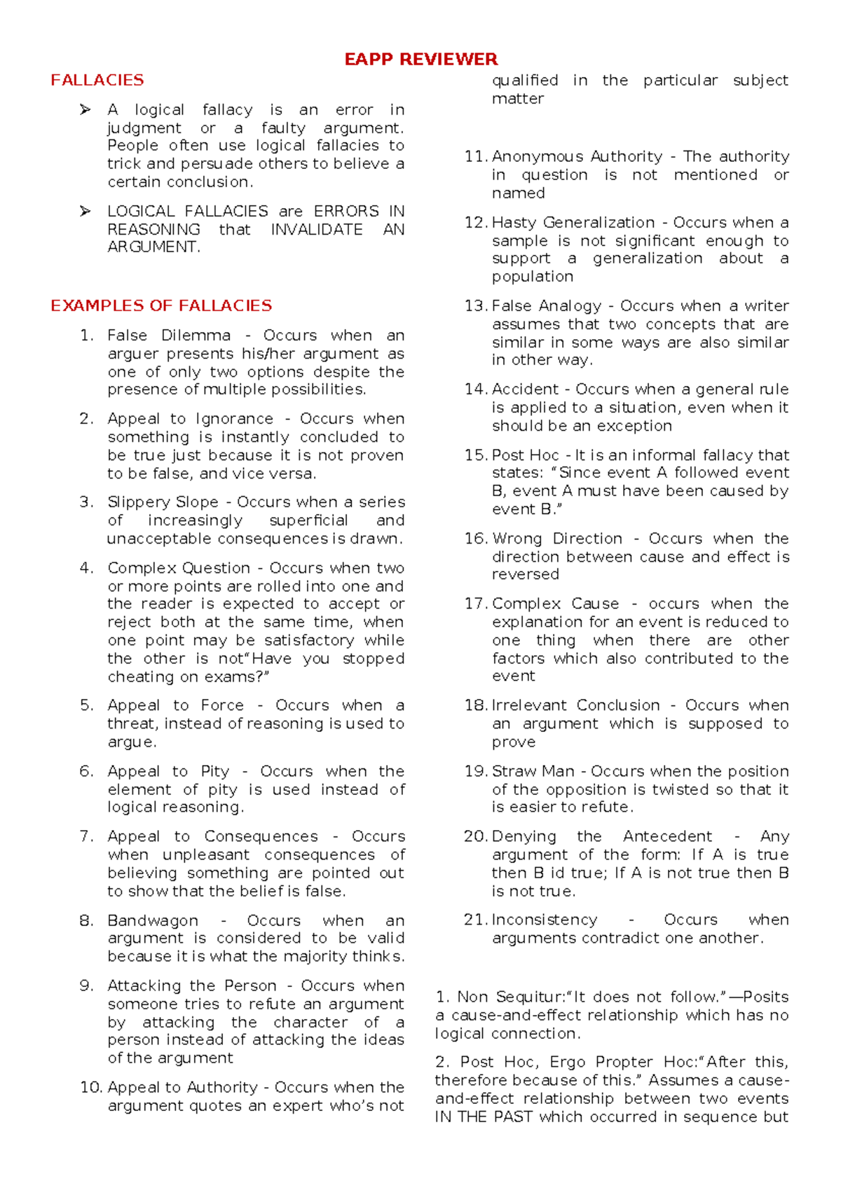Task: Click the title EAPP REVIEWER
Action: pyautogui.click(x=420, y=59)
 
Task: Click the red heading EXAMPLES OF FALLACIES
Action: pyautogui.click(x=161, y=306)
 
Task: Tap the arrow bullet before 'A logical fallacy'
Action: pyautogui.click(x=86, y=110)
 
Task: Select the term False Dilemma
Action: pyautogui.click(x=169, y=336)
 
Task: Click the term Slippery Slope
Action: pyautogui.click(x=163, y=502)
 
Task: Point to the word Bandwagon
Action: pyautogui.click(x=153, y=920)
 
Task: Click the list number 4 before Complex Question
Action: pyautogui.click(x=86, y=568)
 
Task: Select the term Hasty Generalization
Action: pyautogui.click(x=573, y=223)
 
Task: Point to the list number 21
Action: pyautogui.click(x=474, y=920)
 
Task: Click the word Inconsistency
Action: pyautogui.click(x=545, y=920)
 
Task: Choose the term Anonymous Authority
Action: pyautogui.click(x=577, y=157)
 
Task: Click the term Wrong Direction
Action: pyautogui.click(x=557, y=539)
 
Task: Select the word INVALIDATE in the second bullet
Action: pyautogui.click(x=317, y=230)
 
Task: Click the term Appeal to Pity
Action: pyautogui.click(x=168, y=771)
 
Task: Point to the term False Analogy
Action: pyautogui.click(x=546, y=306)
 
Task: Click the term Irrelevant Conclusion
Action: pyautogui.click(x=575, y=705)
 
